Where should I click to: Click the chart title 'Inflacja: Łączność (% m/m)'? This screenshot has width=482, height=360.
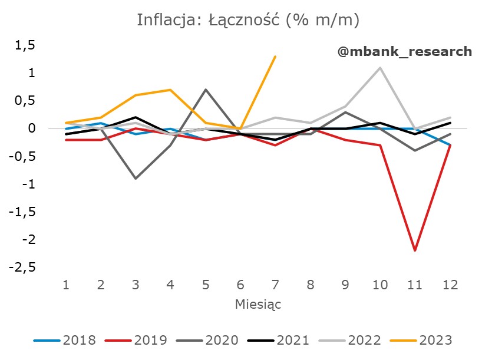247,20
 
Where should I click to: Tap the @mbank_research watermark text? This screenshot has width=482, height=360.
404,51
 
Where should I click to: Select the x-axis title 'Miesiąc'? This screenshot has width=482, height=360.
257,305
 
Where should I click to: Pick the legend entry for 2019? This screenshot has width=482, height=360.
137,340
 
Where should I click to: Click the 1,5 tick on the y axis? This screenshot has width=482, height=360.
25,45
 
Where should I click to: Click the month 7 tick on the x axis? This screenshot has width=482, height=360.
275,285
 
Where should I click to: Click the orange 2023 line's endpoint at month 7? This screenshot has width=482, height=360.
275,57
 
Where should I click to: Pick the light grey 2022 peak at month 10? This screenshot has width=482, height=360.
379,68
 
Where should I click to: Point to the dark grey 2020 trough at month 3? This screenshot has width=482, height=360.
136,178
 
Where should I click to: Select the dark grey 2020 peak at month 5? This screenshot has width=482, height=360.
206,90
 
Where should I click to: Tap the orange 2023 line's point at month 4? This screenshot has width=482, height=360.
171,90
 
